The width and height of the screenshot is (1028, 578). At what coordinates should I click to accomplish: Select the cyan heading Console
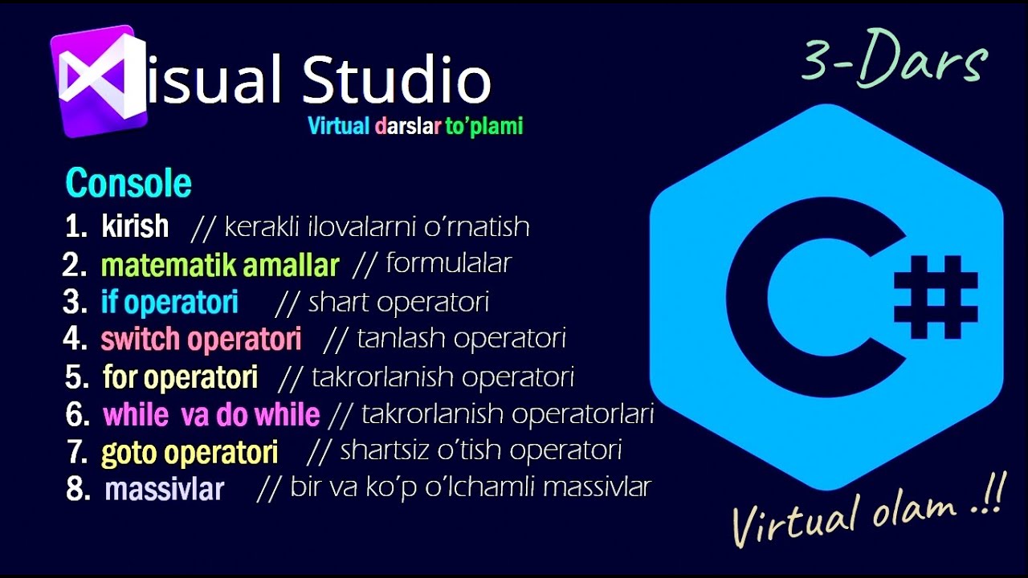tap(128, 183)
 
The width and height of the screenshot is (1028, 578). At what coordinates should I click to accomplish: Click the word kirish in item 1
tap(135, 226)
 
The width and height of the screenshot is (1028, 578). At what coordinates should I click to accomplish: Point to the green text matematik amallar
tap(220, 265)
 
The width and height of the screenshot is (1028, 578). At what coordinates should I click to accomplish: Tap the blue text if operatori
tap(169, 303)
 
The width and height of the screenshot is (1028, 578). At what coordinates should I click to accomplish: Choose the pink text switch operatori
tap(201, 340)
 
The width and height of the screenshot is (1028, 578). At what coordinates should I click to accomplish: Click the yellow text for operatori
tap(180, 377)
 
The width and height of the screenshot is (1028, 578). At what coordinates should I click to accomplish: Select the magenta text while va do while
tap(211, 415)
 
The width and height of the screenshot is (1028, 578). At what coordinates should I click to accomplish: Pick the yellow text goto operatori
tap(190, 453)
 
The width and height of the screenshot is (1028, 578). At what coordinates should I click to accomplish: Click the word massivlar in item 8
tap(164, 490)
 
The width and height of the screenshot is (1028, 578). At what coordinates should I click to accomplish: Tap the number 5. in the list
tap(76, 377)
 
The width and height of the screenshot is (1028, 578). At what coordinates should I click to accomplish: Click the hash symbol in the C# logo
tap(936, 297)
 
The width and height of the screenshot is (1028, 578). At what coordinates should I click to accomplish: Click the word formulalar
tap(449, 263)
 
